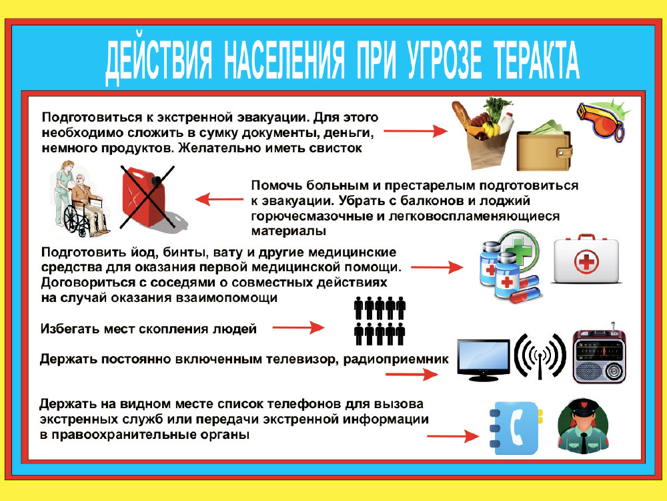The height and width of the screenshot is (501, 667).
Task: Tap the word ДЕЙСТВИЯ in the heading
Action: pos(159,61)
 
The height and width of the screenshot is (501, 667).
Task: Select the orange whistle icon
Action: pos(602,120)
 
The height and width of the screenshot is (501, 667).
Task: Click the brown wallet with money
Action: pos(544,146)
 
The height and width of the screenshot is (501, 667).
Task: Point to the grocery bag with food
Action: pos(483,132)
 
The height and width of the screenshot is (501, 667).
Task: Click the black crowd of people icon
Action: pos(380,321)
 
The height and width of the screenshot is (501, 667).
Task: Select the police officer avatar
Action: pos(583,426)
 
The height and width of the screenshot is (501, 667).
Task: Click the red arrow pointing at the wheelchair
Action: pos(219,199)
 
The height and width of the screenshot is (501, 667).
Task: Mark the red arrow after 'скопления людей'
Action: pos(298,327)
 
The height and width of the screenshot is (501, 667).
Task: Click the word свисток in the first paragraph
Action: pos(336,148)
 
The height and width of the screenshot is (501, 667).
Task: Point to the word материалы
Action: pos(288,231)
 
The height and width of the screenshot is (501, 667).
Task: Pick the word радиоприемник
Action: pos(396,359)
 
